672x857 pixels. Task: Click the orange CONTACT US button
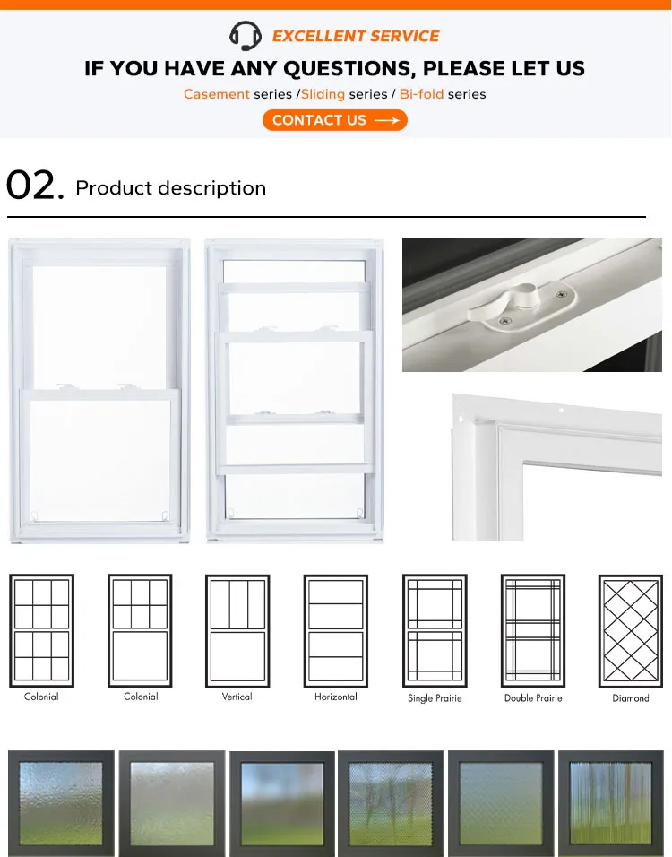334,120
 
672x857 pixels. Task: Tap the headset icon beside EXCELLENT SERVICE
246,36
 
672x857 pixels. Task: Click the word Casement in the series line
217,94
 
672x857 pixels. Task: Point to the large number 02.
35,186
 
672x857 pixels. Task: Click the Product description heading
170,188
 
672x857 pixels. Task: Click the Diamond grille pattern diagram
630,630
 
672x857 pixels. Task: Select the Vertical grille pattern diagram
237,630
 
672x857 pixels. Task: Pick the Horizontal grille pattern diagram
335,630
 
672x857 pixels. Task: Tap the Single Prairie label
434,697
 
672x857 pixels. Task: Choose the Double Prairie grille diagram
532,630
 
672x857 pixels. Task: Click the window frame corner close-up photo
556,466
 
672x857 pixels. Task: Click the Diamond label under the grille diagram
630,697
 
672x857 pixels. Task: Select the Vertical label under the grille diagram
237,697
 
